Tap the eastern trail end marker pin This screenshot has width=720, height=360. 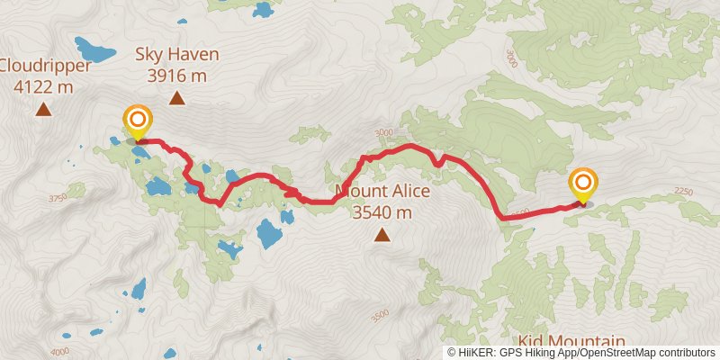(582, 185)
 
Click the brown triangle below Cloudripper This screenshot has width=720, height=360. (42, 110)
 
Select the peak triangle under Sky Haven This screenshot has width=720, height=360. (177, 99)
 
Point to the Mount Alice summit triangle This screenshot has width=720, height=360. (382, 236)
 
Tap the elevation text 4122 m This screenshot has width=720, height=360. (43, 87)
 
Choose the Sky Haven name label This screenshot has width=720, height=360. (177, 55)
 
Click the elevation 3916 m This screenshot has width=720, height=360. (177, 76)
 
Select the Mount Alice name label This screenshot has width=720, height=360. (383, 192)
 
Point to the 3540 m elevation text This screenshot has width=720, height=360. (382, 213)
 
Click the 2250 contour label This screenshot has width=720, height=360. (684, 191)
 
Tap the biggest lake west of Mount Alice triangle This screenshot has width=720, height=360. (269, 234)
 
